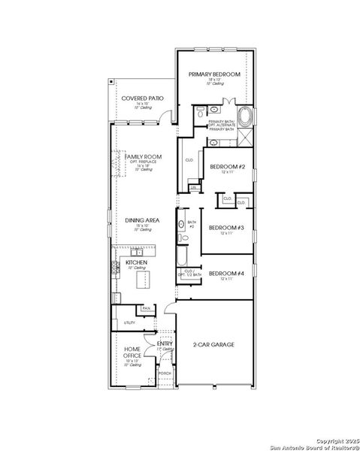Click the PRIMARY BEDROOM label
214,74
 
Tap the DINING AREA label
139,220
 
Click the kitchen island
143,280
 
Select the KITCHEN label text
136,262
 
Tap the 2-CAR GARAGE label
214,344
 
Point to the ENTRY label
165,344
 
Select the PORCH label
165,374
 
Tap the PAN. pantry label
147,307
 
